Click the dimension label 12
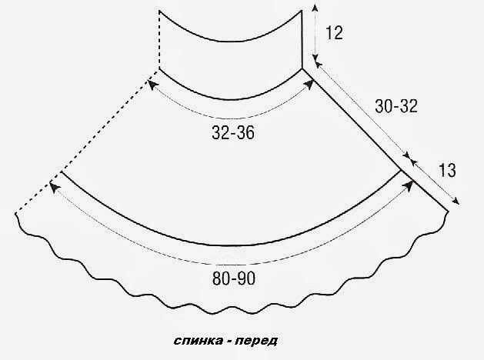[x=334, y=33]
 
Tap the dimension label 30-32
[x=396, y=106]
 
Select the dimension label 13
[x=447, y=170]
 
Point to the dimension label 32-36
[x=233, y=133]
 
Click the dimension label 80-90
[x=234, y=278]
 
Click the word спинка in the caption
[x=199, y=341]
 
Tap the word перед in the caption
[x=256, y=341]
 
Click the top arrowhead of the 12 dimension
[x=315, y=8]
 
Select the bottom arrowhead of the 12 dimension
[x=315, y=58]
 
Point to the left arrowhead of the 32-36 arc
[x=152, y=84]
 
